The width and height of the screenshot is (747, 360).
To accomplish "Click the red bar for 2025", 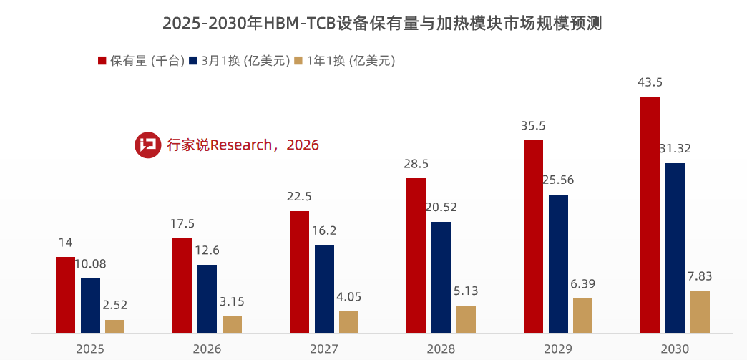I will click(65, 295).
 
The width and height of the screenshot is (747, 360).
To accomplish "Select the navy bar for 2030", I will click(675, 248).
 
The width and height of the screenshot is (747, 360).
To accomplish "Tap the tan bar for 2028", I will click(466, 319).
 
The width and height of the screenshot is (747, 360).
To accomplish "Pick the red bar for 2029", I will click(533, 236).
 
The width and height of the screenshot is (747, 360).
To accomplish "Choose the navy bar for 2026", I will click(207, 298).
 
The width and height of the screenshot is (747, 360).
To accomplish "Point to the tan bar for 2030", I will click(700, 311).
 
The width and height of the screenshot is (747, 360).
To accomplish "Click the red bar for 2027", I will click(299, 272).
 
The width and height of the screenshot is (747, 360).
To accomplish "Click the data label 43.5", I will click(650, 82).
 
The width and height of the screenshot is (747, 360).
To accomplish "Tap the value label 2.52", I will click(114, 306).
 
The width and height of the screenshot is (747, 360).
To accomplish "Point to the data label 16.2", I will click(323, 231).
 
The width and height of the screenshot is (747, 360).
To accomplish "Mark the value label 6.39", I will click(582, 284).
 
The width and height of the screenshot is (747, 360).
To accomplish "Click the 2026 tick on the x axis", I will click(207, 349).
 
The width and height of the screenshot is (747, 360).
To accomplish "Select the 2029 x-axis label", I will click(557, 349).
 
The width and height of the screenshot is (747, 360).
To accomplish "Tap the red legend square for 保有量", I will click(102, 61).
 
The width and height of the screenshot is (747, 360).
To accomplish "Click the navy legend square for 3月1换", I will click(192, 61).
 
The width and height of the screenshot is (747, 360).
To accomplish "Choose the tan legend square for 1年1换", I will click(298, 61).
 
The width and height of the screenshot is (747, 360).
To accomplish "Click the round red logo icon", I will click(147, 145).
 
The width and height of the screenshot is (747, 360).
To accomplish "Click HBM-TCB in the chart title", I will click(306, 23).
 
